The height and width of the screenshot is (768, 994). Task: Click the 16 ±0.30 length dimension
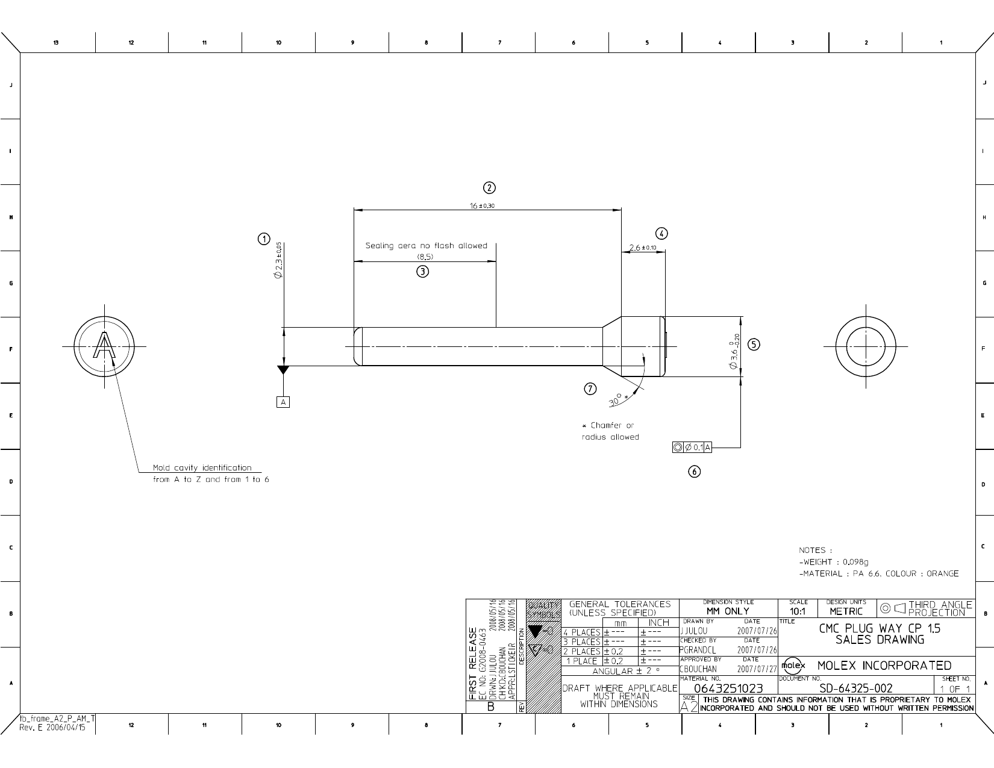click(482, 206)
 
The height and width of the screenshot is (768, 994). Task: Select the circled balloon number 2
click(490, 187)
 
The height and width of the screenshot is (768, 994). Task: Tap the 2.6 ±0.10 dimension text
click(642, 248)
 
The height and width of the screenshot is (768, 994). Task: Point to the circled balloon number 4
click(661, 234)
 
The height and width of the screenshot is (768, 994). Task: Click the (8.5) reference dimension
click(425, 257)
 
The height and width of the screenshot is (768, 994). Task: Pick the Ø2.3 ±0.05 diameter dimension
click(278, 260)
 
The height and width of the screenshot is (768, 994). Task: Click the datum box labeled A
click(283, 402)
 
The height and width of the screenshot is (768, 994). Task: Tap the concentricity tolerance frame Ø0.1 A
click(692, 448)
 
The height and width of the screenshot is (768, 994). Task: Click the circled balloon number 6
click(695, 472)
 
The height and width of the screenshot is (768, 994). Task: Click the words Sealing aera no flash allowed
click(426, 246)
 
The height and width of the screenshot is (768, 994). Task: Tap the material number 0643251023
click(728, 688)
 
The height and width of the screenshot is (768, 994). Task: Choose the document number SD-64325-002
click(855, 688)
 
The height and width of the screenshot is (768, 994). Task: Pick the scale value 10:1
click(798, 611)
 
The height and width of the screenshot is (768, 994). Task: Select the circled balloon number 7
click(590, 389)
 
